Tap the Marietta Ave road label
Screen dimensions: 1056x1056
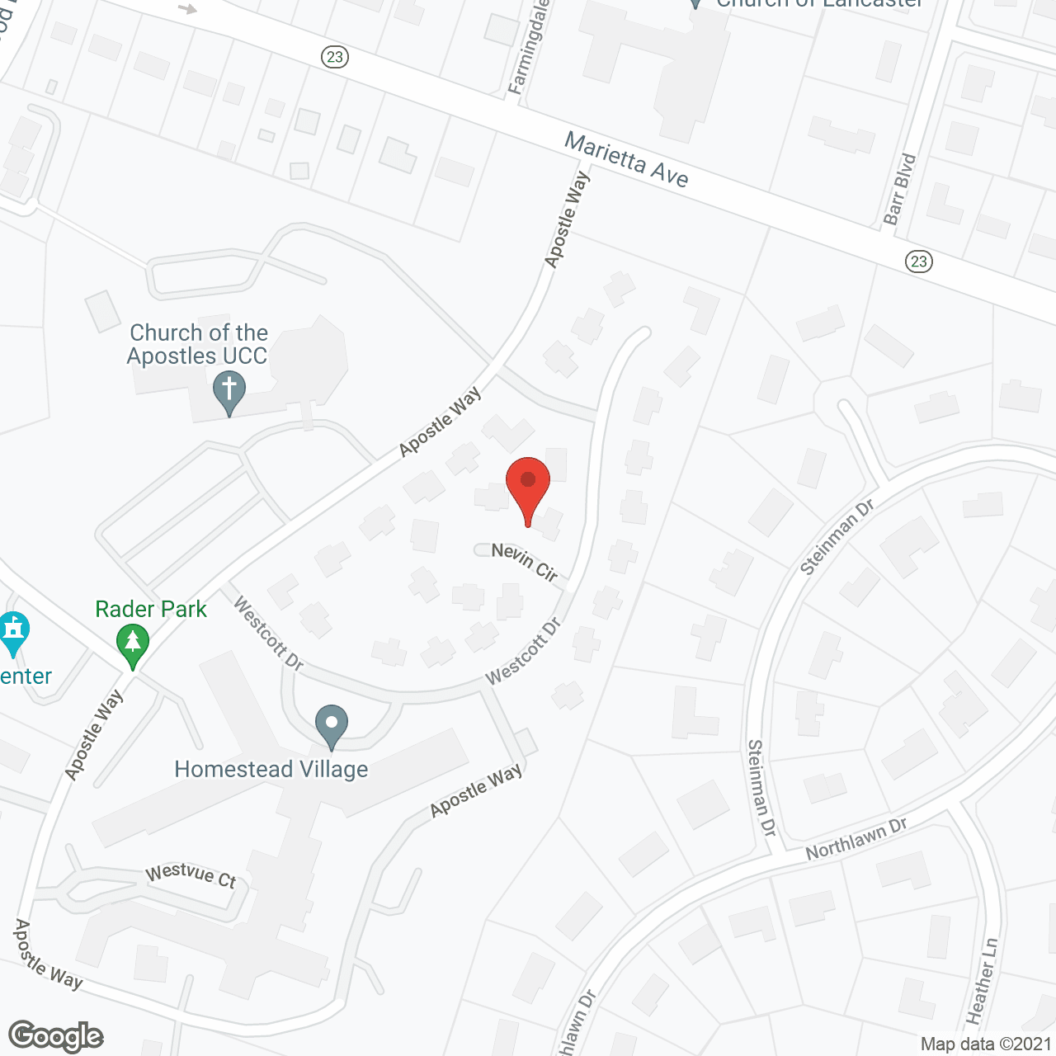pos(626,160)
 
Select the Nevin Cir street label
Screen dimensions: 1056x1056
pos(525,561)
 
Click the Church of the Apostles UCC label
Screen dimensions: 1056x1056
pos(198,345)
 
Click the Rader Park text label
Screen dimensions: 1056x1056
pos(151,610)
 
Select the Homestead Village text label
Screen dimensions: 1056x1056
pos(271,770)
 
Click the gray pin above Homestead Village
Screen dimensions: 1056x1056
pos(331,725)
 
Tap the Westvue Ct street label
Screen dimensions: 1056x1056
pos(191,875)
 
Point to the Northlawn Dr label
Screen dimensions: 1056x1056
pos(856,838)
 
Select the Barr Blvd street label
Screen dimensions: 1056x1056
pos(899,189)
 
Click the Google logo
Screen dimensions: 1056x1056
pos(56,1036)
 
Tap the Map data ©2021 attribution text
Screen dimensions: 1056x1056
pos(986,1044)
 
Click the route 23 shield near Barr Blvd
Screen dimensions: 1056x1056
pos(919,262)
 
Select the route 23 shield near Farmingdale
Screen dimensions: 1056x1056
pos(334,57)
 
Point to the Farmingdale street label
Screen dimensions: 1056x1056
pos(529,47)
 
